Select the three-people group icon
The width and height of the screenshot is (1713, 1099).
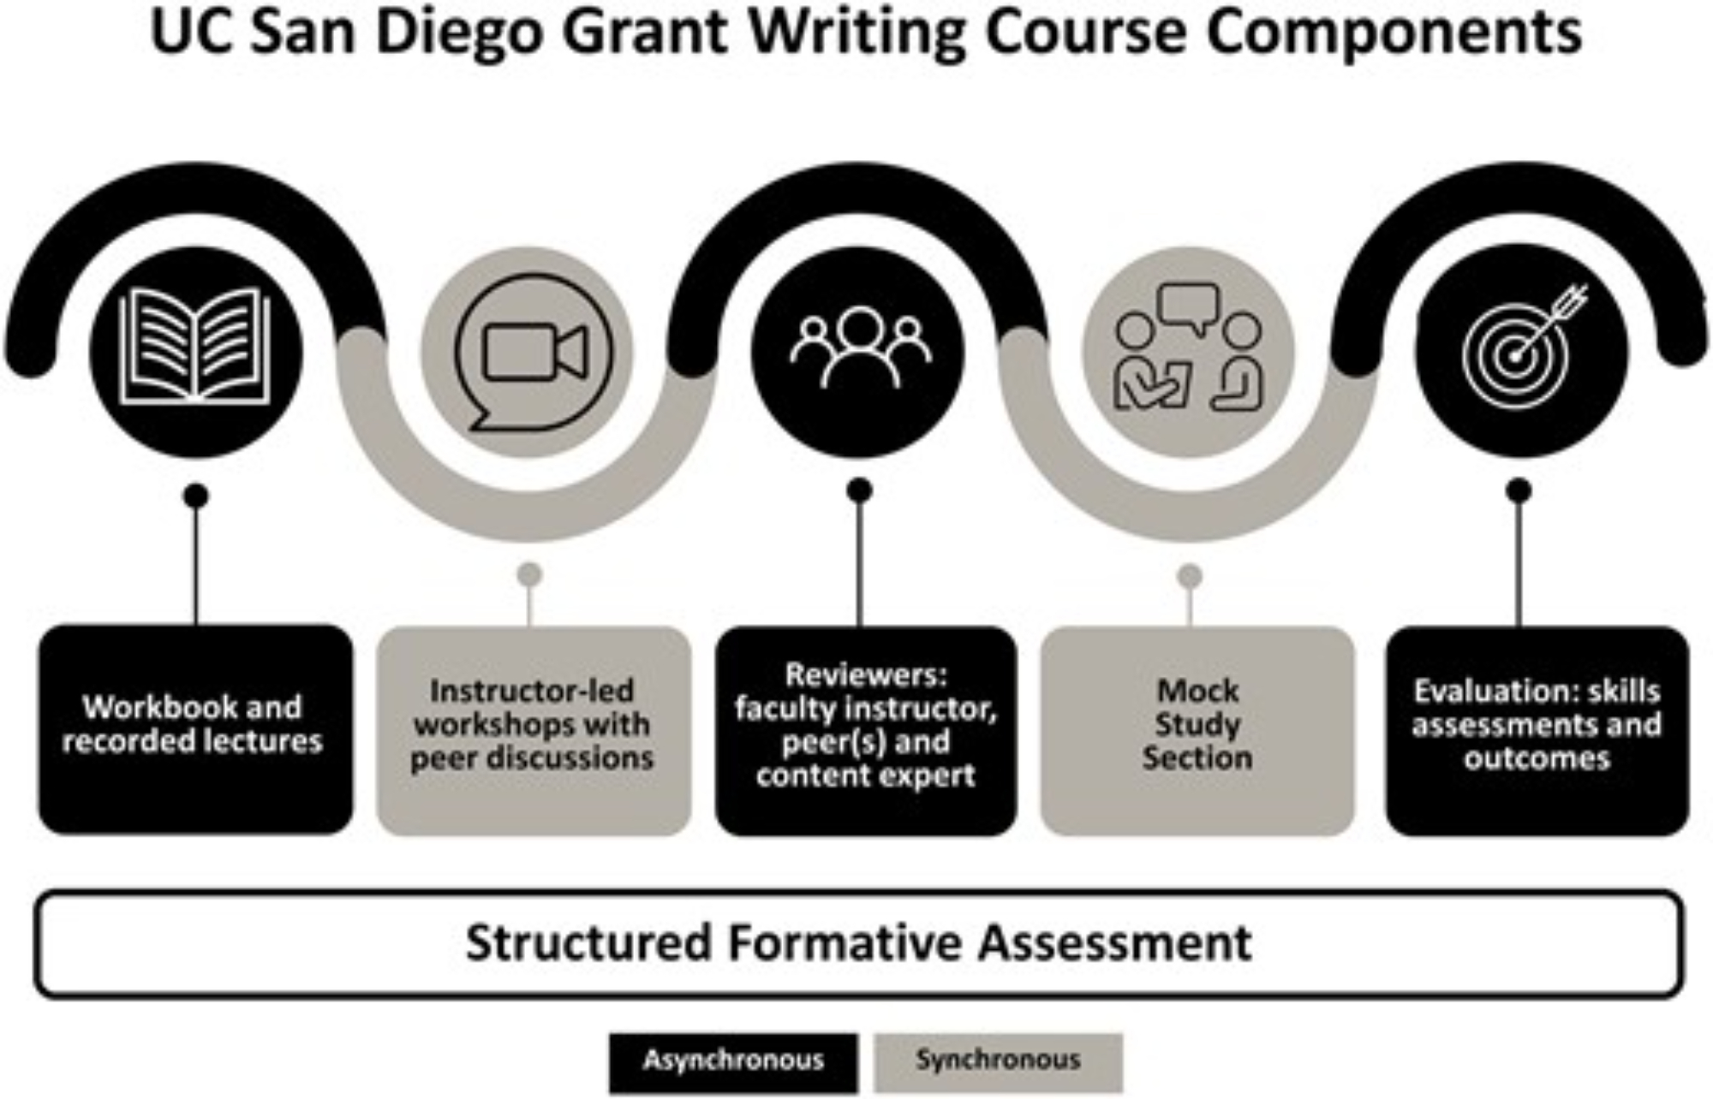point(859,347)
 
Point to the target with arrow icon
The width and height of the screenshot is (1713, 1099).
point(1520,347)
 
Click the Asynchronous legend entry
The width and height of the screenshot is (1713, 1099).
point(733,1061)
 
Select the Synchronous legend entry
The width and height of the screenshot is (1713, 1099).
point(998,1061)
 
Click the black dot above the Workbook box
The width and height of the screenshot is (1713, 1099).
point(196,496)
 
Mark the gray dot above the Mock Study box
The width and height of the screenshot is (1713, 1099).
point(1189,577)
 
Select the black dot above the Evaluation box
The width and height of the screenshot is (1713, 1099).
point(1519,491)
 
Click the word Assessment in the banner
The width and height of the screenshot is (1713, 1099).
point(1114,942)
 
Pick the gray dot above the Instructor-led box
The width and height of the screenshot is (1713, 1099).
point(530,574)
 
